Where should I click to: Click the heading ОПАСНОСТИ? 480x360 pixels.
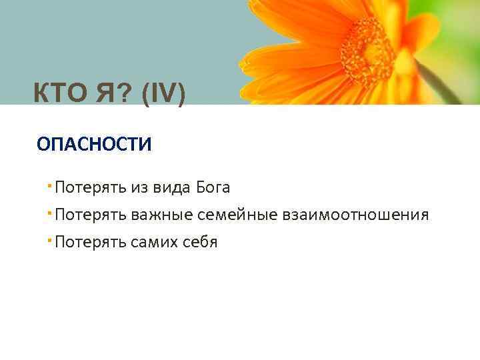(94, 144)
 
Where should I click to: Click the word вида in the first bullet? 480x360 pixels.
(172, 187)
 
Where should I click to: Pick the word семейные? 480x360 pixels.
(237, 215)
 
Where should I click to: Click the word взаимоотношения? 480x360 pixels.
(355, 215)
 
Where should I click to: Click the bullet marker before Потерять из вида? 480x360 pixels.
(51, 184)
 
